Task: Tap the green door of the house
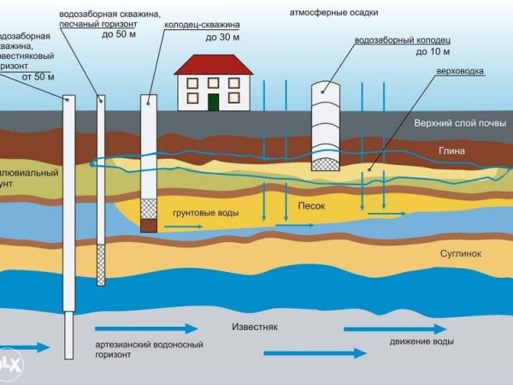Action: tap(213, 102)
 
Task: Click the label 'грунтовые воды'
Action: tap(205, 212)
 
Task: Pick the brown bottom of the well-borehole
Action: tap(149, 225)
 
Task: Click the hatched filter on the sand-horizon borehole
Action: tap(102, 264)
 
